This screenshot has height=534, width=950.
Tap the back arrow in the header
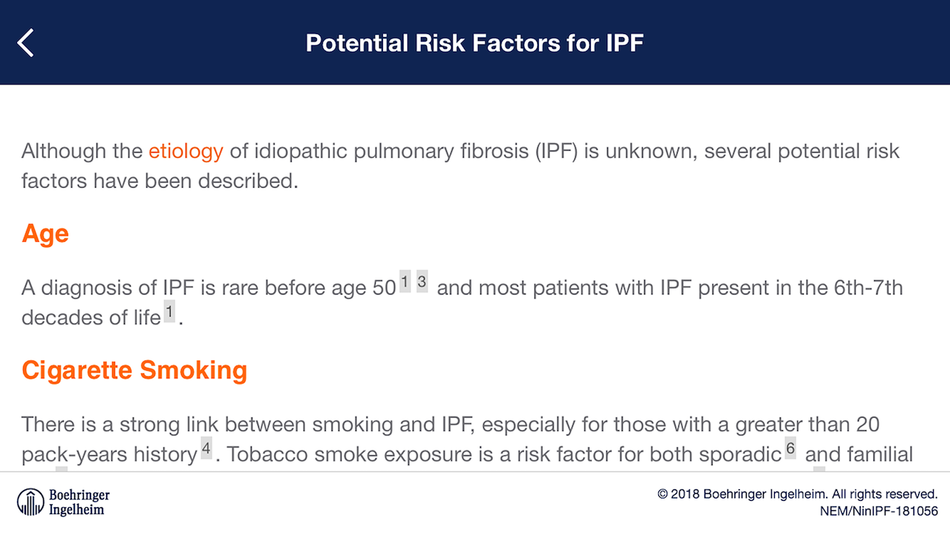(x=25, y=43)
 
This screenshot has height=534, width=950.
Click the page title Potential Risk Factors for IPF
(x=474, y=43)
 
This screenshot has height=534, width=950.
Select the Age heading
(x=45, y=234)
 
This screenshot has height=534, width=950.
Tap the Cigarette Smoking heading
(x=134, y=370)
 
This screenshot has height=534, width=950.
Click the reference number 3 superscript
(x=422, y=281)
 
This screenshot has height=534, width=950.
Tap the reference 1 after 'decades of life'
(x=170, y=311)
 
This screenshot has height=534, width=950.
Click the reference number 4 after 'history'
(x=206, y=448)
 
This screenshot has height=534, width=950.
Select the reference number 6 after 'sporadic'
(x=790, y=448)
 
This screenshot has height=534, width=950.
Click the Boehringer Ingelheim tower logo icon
(x=30, y=502)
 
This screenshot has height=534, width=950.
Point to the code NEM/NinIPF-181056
(x=879, y=511)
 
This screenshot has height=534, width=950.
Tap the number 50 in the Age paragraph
(x=384, y=289)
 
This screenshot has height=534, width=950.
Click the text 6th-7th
(x=868, y=288)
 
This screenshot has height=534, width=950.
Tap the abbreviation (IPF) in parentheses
(x=557, y=152)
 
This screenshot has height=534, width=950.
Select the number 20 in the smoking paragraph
(x=868, y=425)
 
